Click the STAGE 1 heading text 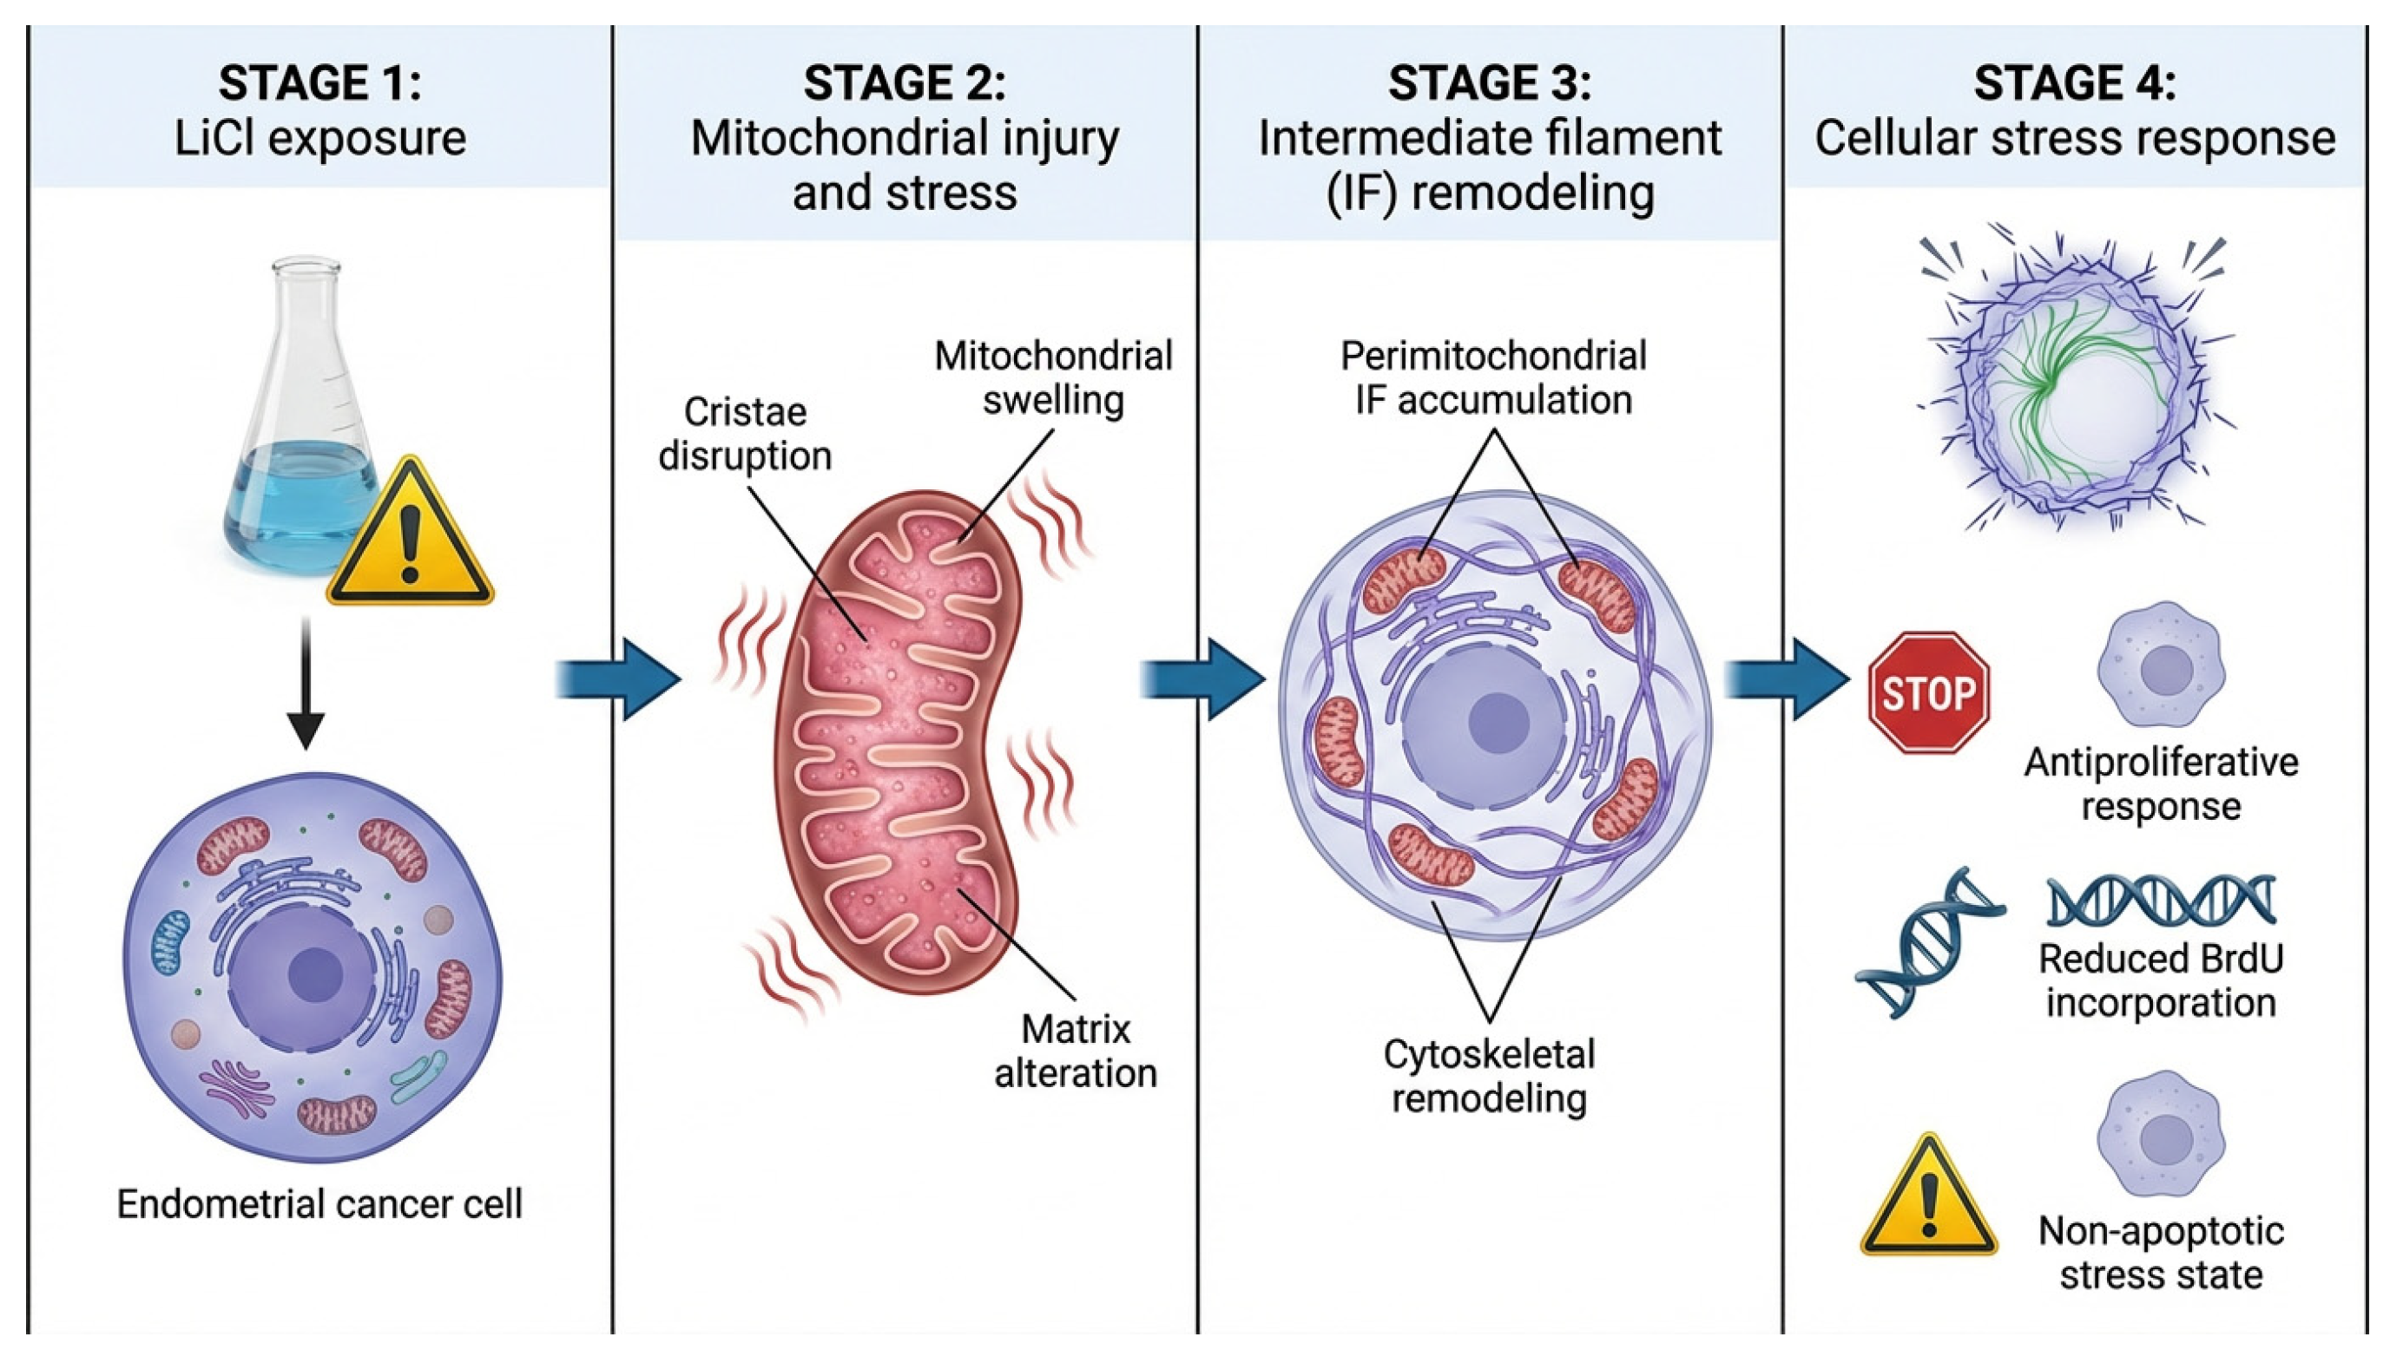[319, 83]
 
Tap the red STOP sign [1927, 692]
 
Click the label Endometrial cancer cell [319, 1204]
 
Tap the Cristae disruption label [745, 434]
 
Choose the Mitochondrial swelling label [1053, 377]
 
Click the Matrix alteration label [1075, 1052]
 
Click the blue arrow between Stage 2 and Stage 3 [1203, 678]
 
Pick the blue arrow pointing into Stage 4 [1787, 678]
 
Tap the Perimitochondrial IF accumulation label [1493, 377]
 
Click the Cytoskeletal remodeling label [1489, 1076]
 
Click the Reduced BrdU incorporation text [2161, 980]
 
